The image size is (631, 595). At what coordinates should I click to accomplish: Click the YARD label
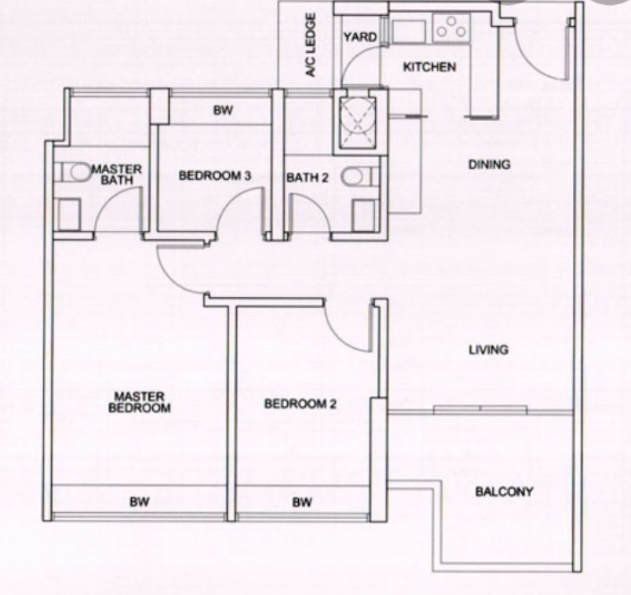coord(361,37)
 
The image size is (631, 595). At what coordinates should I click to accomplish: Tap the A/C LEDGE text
coord(311,45)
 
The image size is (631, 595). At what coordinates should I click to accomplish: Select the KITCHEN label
coord(430,67)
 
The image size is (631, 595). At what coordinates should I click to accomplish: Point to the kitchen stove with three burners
coord(451,28)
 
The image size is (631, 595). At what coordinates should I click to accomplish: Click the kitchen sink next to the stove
coord(408,31)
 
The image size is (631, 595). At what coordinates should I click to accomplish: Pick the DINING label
coord(490,164)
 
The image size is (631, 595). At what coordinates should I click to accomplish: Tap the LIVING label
coord(489,350)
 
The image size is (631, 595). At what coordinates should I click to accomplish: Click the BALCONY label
coord(504,491)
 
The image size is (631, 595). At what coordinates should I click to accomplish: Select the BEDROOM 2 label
coord(300,404)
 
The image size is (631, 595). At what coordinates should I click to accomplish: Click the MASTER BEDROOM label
coord(140,403)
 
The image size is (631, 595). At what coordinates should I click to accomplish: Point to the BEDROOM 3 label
coord(215,175)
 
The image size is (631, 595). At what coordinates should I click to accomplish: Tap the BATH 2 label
coord(308,177)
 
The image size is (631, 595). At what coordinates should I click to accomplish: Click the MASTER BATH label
coord(116,174)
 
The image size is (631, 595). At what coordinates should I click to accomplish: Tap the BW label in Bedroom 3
coord(223,110)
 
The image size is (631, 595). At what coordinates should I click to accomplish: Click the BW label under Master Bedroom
coord(140,502)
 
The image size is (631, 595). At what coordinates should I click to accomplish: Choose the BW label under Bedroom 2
coord(303,502)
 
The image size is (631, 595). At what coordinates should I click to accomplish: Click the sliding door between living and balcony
coord(481,410)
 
